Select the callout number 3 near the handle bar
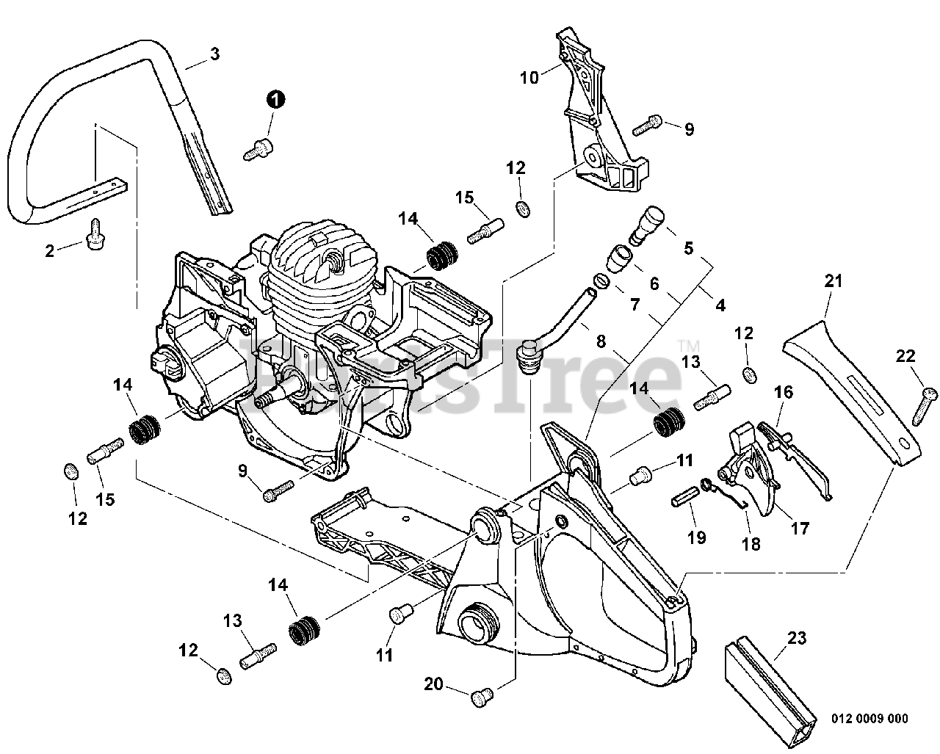pos(214,54)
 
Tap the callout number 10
pos(529,76)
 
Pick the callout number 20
pos(433,684)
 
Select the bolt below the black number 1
pos(257,149)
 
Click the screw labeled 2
pos(94,237)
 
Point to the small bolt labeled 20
pos(482,692)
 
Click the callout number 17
pos(799,528)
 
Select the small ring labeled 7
pos(601,280)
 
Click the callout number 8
pos(601,341)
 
